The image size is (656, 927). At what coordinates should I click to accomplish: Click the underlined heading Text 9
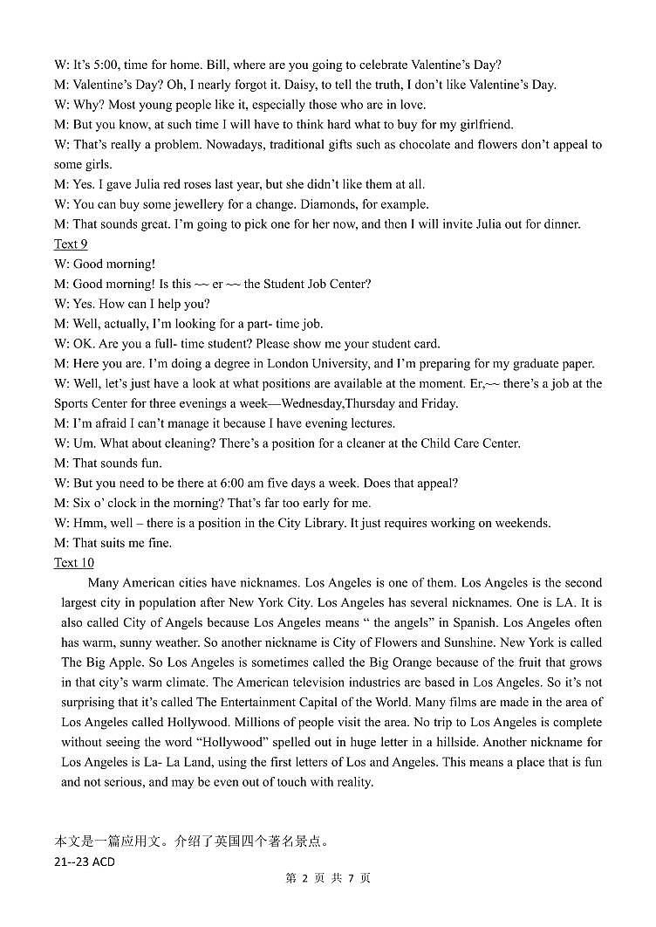pyautogui.click(x=71, y=244)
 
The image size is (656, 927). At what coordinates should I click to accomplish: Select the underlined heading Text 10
pyautogui.click(x=74, y=563)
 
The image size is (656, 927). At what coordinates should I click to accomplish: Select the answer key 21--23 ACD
pyautogui.click(x=85, y=862)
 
